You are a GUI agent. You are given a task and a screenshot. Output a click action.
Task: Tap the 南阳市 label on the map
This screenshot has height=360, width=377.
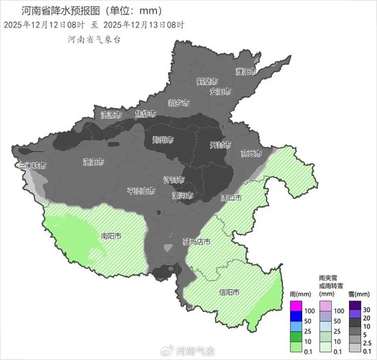(111, 236)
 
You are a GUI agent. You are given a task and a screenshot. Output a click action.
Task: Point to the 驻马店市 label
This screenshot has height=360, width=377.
(196, 241)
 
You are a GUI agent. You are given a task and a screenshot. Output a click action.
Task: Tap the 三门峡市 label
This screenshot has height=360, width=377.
(32, 165)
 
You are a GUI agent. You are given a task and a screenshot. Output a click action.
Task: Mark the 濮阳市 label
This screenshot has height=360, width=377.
(245, 71)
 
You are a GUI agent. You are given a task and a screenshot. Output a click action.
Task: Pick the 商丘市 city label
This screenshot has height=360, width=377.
(252, 153)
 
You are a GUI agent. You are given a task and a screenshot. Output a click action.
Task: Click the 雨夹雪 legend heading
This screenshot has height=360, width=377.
(328, 278)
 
